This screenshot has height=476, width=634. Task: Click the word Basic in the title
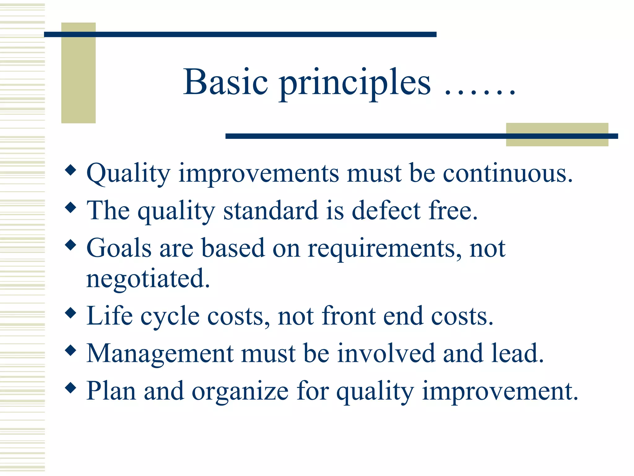[225, 82]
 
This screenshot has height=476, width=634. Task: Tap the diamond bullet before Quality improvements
[71, 170]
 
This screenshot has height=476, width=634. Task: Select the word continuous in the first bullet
[507, 173]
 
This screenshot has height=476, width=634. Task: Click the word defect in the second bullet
[386, 211]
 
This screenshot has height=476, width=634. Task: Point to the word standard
[271, 211]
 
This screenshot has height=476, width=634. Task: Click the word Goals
[119, 248]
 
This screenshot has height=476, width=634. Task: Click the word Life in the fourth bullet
[110, 316]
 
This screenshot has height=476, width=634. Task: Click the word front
[349, 316]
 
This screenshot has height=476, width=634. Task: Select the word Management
[160, 354]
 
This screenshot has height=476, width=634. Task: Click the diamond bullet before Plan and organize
[71, 388]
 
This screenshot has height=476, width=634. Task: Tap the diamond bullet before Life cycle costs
[71, 313]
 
